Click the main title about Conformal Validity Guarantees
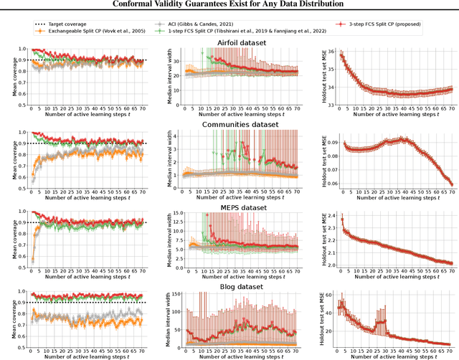229,5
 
